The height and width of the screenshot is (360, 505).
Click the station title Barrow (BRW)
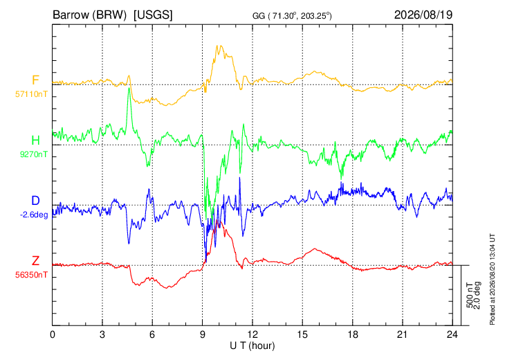point(89,15)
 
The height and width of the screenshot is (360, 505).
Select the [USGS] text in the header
point(153,15)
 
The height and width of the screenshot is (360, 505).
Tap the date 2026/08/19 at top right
point(423,15)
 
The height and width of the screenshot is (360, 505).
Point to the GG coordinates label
point(292,16)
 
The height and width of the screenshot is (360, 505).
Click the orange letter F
point(35,80)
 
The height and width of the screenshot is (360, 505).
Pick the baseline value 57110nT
point(31,94)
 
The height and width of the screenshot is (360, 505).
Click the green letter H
point(35,141)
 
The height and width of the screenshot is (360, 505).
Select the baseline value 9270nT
point(34,154)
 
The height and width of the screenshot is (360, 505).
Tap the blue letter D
point(35,201)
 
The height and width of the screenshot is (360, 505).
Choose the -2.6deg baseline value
point(34,215)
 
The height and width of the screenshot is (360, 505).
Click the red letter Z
point(35,261)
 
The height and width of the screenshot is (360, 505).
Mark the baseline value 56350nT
point(31,275)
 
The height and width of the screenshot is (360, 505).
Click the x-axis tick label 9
point(202,334)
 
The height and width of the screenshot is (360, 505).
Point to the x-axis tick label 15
point(302,334)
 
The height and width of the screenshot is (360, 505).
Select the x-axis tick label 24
point(452,334)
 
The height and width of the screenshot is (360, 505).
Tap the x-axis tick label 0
point(53,334)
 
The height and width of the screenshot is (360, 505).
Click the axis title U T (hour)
point(252,346)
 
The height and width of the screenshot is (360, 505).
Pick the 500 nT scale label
point(470,295)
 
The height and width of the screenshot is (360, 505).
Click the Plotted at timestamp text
point(492,280)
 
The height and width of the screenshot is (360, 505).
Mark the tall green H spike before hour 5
point(129,88)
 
